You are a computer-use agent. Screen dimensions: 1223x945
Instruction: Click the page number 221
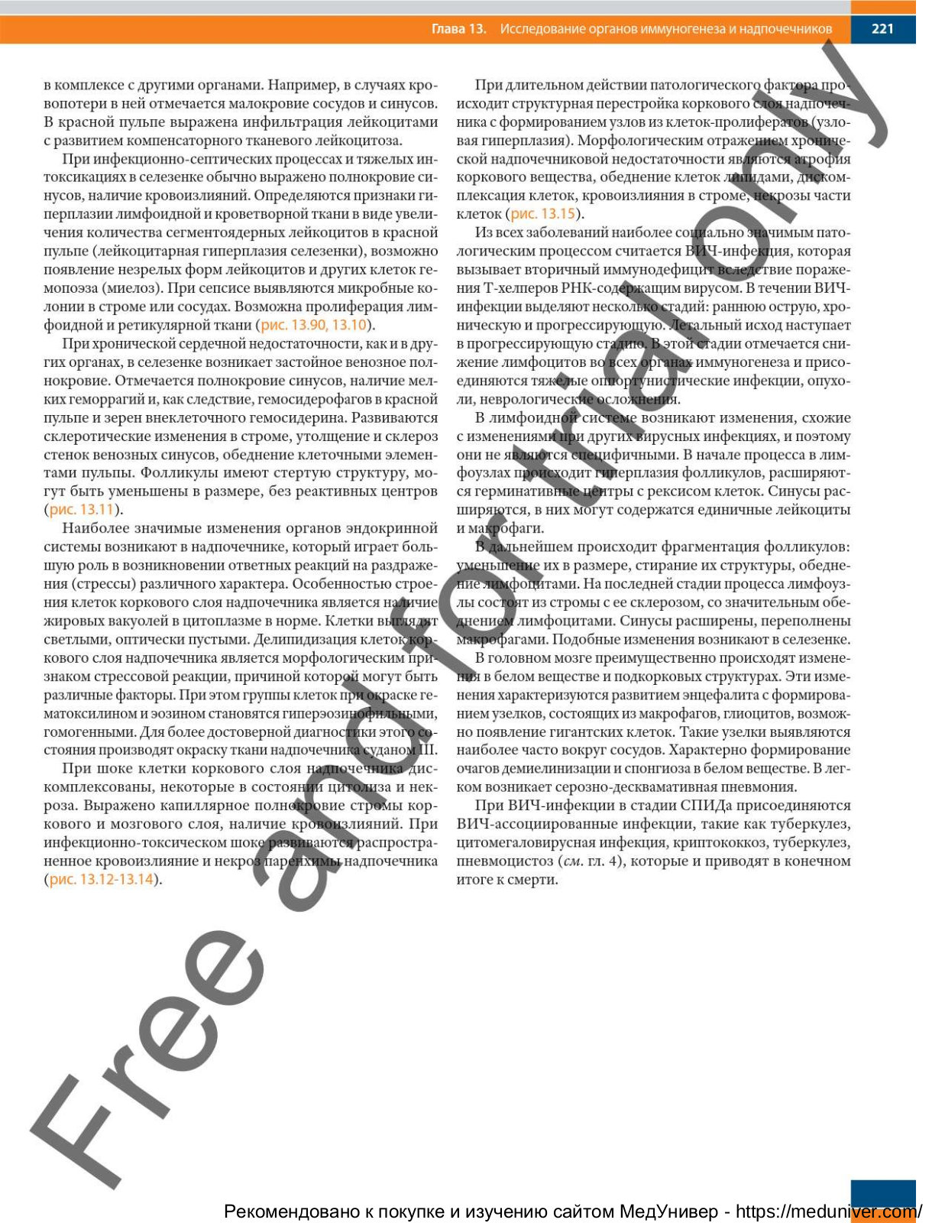click(x=882, y=29)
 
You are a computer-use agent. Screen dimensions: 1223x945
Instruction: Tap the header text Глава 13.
click(x=458, y=29)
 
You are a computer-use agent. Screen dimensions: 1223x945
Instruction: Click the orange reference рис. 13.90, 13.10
click(x=313, y=325)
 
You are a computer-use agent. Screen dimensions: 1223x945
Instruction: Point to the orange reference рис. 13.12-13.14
click(x=102, y=880)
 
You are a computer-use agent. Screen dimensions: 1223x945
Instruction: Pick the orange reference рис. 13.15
click(x=542, y=214)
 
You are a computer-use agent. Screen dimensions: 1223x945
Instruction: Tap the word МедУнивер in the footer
click(x=668, y=1212)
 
